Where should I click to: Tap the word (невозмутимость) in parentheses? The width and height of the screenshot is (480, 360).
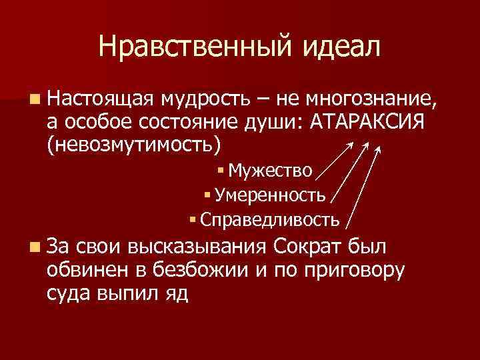pyautogui.click(x=133, y=144)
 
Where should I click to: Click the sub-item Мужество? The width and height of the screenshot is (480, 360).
pyautogui.click(x=269, y=171)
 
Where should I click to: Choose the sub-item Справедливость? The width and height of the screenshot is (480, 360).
pyautogui.click(x=269, y=219)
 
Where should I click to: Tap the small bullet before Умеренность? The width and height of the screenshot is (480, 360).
pyautogui.click(x=207, y=195)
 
